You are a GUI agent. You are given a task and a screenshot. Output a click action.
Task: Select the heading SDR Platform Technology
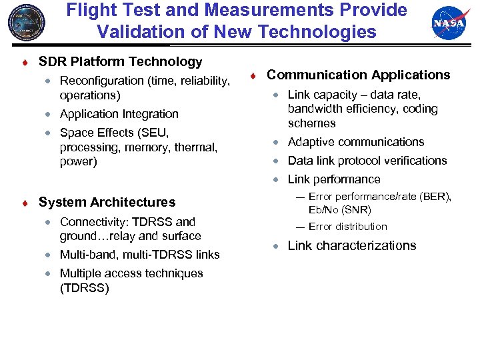(120, 62)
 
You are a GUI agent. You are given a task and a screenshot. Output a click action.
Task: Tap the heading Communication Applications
(359, 75)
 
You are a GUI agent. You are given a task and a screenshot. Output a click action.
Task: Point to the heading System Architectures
(107, 202)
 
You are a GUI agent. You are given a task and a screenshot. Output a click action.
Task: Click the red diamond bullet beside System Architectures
(24, 203)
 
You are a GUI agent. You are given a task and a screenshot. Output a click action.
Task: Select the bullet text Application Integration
(119, 114)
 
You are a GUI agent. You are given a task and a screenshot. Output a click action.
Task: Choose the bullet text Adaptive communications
(355, 142)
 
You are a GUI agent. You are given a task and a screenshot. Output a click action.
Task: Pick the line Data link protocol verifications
(367, 161)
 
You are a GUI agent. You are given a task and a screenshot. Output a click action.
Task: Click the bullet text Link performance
(333, 179)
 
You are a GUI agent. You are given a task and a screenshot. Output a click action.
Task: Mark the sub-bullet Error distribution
(347, 227)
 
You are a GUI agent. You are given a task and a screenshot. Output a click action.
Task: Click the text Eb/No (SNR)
(339, 210)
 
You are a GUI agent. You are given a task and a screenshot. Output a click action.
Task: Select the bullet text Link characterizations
(351, 246)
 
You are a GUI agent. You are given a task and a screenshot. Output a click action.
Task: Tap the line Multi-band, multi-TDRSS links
(139, 255)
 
